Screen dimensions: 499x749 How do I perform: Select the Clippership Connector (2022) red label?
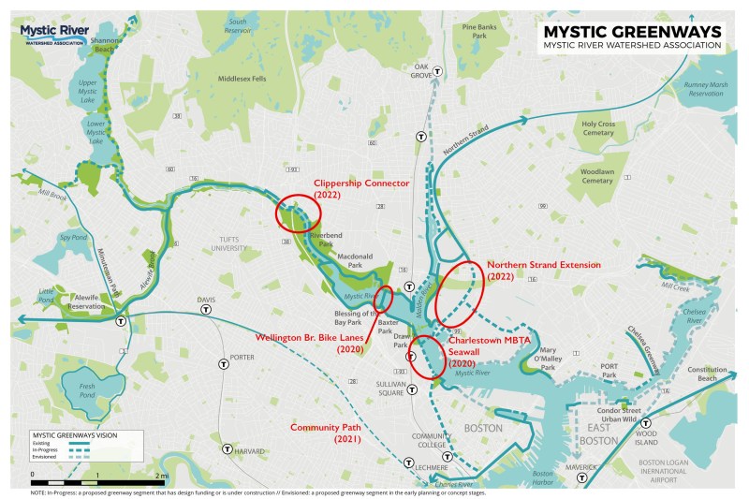(361, 188)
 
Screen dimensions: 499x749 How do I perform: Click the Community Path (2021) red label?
(325, 433)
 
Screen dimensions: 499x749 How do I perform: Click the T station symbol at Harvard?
(228, 449)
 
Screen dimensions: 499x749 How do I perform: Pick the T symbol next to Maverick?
(582, 477)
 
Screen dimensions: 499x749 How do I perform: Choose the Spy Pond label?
(46, 238)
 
